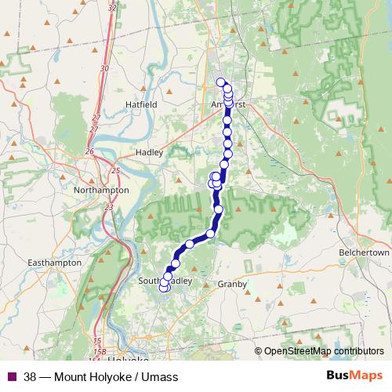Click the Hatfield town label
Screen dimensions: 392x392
(141, 103)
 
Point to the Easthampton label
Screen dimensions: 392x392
(54, 263)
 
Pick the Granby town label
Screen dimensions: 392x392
(232, 284)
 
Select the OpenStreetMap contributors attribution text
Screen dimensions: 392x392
(323, 350)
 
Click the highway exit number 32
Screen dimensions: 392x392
(113, 7)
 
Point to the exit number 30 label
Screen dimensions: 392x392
(104, 68)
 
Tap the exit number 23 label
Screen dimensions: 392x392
(108, 207)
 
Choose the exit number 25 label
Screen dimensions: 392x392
(116, 170)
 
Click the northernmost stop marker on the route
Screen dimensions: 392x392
(221, 82)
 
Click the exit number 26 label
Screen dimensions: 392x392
(90, 151)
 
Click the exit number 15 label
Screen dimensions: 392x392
(97, 340)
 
